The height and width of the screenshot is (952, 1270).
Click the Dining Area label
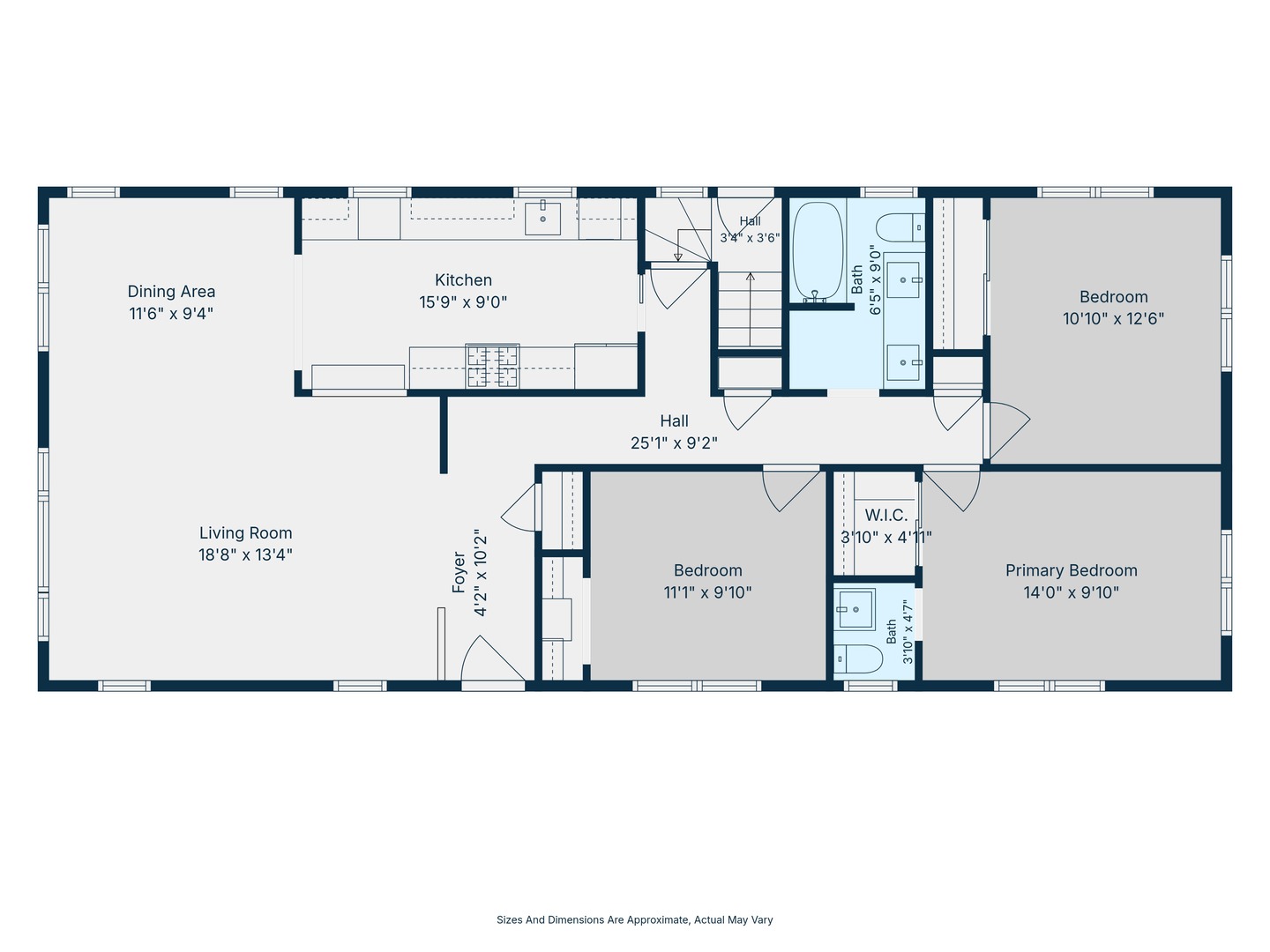(x=171, y=291)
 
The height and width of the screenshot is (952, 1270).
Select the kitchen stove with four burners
(x=492, y=365)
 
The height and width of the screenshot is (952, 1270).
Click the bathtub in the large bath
(x=818, y=251)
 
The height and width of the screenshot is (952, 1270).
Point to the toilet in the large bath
(x=900, y=227)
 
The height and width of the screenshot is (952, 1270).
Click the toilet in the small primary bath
(x=858, y=659)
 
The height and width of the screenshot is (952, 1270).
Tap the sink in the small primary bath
(x=855, y=609)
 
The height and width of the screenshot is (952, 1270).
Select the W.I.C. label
(x=885, y=515)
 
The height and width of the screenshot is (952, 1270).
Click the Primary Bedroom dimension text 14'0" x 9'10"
(x=1072, y=592)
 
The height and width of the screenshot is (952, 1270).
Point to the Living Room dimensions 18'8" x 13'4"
(x=245, y=555)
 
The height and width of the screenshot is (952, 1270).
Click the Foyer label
(x=459, y=572)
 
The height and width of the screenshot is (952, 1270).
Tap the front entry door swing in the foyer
(x=493, y=658)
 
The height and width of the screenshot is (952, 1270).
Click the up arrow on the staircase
(x=751, y=309)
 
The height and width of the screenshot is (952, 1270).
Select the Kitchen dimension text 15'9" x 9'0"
(x=463, y=301)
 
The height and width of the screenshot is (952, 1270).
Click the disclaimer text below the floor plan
(x=635, y=919)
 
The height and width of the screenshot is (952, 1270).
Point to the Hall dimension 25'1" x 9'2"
(x=674, y=443)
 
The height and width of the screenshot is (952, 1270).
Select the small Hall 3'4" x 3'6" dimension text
(x=751, y=238)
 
